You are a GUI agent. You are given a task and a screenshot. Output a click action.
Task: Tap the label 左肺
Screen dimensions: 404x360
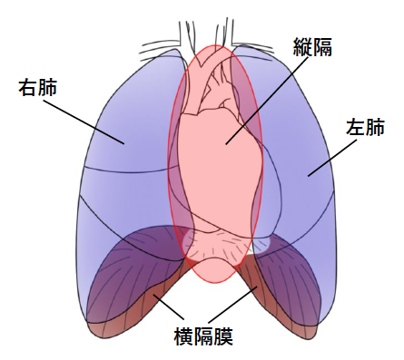(x=366, y=127)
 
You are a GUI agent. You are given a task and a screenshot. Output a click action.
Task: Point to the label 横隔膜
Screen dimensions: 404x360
(x=204, y=337)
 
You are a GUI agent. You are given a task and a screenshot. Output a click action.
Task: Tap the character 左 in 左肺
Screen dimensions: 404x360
(x=356, y=127)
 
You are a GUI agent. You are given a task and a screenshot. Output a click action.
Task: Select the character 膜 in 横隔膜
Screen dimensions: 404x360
(x=224, y=337)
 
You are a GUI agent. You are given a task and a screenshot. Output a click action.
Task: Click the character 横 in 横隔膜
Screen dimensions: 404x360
(x=184, y=337)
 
